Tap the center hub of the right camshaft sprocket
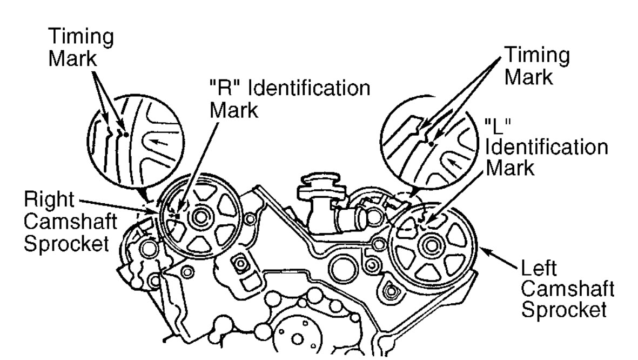pos(200,219)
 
